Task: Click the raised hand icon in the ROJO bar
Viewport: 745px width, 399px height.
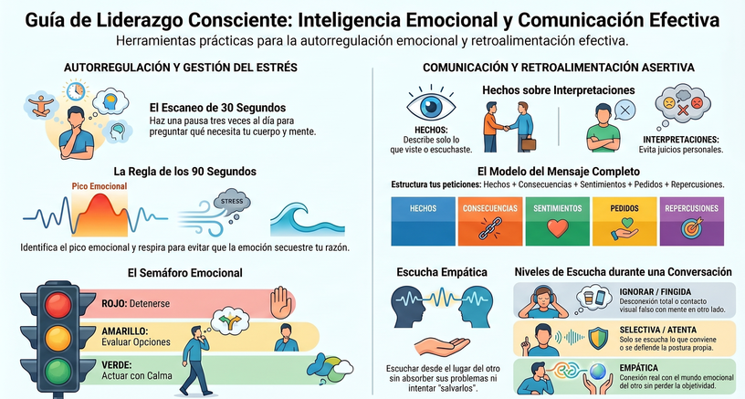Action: click(279, 302)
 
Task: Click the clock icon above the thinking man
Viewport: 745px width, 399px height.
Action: click(76, 90)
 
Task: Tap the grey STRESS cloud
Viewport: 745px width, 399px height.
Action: click(231, 203)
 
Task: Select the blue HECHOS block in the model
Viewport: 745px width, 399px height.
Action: click(423, 221)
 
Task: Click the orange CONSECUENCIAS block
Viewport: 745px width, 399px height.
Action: click(490, 221)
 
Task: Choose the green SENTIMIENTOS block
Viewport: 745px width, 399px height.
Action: click(557, 221)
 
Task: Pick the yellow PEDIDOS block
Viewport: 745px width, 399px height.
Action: click(624, 221)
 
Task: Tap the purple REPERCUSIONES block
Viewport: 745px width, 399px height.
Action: click(691, 221)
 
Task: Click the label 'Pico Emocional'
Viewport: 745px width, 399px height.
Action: click(100, 186)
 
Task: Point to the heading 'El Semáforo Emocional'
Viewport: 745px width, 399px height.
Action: click(184, 273)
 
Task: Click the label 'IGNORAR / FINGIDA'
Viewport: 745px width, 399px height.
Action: click(656, 291)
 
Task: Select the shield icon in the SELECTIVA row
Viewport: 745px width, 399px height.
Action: click(597, 338)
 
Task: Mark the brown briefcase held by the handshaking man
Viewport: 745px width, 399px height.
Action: click(529, 143)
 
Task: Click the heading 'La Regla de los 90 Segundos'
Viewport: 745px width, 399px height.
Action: click(184, 171)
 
